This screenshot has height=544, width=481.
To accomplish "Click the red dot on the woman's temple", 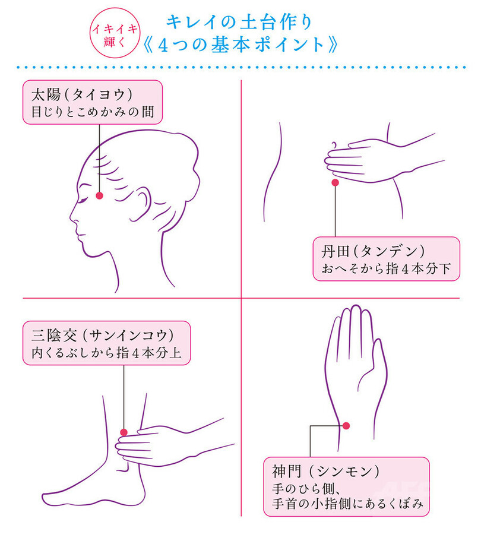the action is (100, 195).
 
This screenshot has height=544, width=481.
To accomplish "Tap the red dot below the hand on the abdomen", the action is (335, 182).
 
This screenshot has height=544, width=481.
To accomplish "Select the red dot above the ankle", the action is (124, 432).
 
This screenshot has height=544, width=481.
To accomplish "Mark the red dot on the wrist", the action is (346, 426).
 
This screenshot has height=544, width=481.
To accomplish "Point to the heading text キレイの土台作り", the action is (239, 22).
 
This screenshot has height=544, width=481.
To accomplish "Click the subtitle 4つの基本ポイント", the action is (240, 45).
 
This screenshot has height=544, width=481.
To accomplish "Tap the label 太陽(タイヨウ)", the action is (82, 94).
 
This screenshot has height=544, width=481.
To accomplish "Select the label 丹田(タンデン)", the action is (373, 251).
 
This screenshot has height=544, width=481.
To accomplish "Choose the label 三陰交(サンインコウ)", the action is (103, 335).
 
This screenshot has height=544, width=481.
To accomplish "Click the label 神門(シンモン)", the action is (325, 471).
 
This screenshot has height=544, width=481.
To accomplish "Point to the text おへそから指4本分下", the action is (386, 268).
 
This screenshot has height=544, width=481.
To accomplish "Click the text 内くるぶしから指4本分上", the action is (106, 353).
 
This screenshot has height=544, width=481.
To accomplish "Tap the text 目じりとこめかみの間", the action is (93, 112).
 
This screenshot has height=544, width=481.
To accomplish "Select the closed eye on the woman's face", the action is (84, 201).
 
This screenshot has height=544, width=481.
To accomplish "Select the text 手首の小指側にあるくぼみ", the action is (347, 504).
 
